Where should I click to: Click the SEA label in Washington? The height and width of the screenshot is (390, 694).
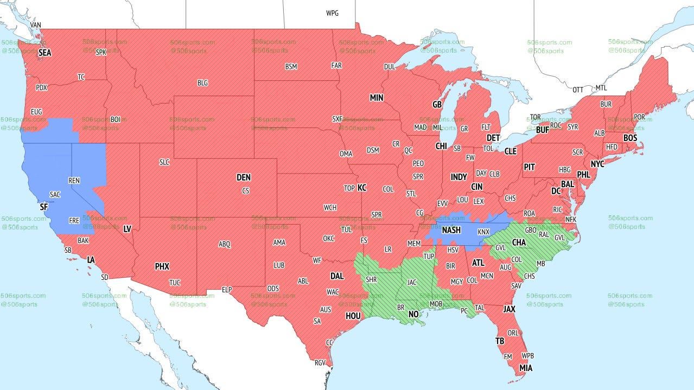[x=44, y=53]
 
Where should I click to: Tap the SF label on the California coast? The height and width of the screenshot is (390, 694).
[x=44, y=207]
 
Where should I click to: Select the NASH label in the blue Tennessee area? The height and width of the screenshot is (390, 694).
[x=451, y=230]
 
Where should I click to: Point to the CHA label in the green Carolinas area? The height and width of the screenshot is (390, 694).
[x=519, y=242]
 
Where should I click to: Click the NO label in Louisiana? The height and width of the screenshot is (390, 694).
[x=413, y=314]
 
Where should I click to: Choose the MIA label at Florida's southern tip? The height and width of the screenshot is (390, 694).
[x=525, y=368]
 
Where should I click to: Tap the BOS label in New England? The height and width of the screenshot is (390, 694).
[x=630, y=138]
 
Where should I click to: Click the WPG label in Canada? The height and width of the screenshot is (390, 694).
[x=332, y=13]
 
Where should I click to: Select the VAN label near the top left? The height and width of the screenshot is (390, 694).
[x=36, y=25]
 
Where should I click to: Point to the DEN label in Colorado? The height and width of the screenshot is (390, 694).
[x=244, y=177]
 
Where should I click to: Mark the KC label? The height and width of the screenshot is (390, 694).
[x=362, y=188]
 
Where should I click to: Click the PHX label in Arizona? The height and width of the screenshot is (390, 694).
[x=162, y=266]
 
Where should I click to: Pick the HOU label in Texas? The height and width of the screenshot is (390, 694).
[x=353, y=316]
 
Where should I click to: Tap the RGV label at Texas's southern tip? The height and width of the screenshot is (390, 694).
[x=320, y=363]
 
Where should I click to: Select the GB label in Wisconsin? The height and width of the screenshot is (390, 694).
[x=437, y=104]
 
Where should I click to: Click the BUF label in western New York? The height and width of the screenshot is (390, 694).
[x=542, y=130]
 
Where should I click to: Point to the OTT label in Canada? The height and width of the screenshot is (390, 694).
[x=578, y=89]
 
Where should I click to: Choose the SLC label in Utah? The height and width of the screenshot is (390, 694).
[x=164, y=162]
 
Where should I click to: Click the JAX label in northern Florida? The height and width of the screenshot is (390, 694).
[x=509, y=309]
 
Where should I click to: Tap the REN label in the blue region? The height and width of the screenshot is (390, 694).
[x=74, y=180]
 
